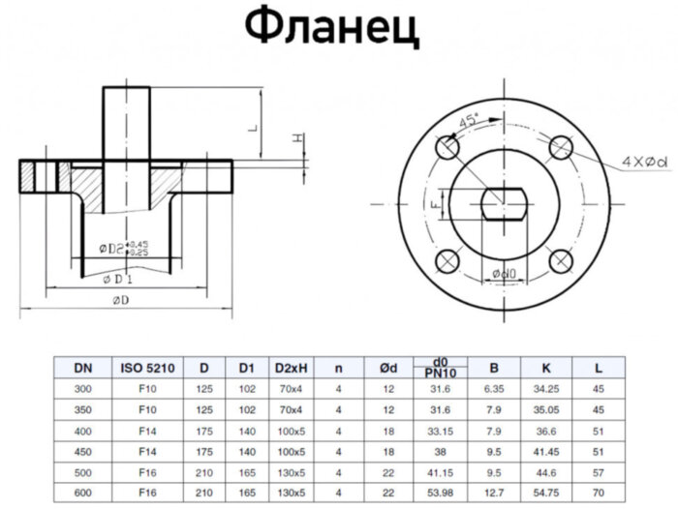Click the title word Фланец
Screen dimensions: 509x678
332,30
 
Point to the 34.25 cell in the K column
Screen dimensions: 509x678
546,389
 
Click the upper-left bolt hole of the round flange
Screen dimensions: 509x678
447,149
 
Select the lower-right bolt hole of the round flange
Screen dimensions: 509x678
560,261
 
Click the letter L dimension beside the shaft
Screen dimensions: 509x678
252,127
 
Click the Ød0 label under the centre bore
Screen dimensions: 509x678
503,274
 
